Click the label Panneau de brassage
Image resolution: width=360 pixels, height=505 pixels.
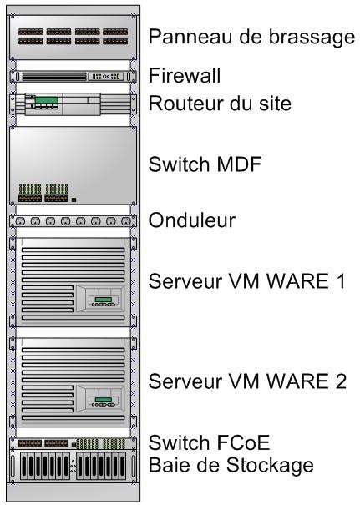(x=251, y=37)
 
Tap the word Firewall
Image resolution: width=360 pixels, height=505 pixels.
(x=185, y=76)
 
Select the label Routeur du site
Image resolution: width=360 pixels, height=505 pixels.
(x=220, y=104)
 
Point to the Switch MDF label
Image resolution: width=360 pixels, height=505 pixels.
(x=205, y=164)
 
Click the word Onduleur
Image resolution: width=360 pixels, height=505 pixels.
(x=192, y=220)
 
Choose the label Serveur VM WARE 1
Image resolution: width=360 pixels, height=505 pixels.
(x=247, y=280)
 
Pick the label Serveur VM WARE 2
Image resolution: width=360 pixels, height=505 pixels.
(x=247, y=381)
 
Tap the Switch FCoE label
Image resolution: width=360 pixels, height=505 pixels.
(x=209, y=442)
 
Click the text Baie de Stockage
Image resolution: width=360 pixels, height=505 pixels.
(x=231, y=466)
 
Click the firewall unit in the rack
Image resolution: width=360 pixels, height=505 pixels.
(x=74, y=77)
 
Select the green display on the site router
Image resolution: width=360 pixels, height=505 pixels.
(x=47, y=100)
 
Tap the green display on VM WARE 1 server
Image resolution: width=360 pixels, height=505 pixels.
(x=104, y=300)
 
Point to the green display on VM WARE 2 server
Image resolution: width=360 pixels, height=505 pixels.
(x=104, y=400)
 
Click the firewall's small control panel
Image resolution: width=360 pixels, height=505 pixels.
(x=106, y=77)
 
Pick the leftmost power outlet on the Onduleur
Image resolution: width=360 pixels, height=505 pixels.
(x=20, y=221)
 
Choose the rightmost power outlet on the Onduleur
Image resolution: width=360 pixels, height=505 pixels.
(x=126, y=221)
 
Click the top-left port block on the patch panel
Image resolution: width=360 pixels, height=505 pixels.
(x=31, y=32)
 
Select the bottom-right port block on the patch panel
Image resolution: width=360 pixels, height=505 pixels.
(x=115, y=41)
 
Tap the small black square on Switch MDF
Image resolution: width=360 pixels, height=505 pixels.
(x=74, y=200)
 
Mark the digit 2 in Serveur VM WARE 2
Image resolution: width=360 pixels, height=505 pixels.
(x=341, y=381)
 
